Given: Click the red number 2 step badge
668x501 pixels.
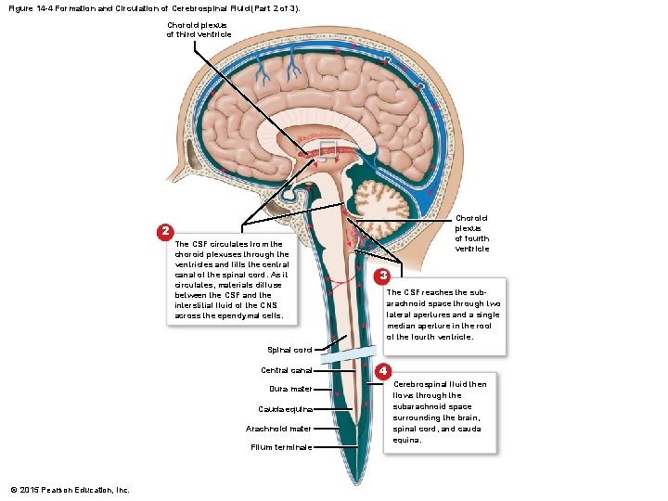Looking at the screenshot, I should coord(163,230).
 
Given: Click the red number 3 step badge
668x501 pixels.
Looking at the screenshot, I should coord(381,276).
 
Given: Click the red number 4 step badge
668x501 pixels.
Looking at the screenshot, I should coord(381,372).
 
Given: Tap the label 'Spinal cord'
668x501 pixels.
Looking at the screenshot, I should coord(289,350).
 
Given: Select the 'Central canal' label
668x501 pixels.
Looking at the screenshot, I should coord(287,370).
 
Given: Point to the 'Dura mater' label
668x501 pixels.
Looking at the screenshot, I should coord(290,389).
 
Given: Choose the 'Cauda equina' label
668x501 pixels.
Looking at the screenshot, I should coord(286,409).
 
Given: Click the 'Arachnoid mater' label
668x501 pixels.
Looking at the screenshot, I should coord(278,429).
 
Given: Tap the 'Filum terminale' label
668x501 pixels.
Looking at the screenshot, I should coord(281,447).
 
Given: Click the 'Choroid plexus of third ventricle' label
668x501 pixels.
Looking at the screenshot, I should coord(199,30).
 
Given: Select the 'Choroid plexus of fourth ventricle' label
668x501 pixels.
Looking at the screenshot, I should coord(471,234).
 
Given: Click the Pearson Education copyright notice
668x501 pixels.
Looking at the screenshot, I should coord(70,489).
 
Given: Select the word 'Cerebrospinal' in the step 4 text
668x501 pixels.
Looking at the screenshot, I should coord(423,384).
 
